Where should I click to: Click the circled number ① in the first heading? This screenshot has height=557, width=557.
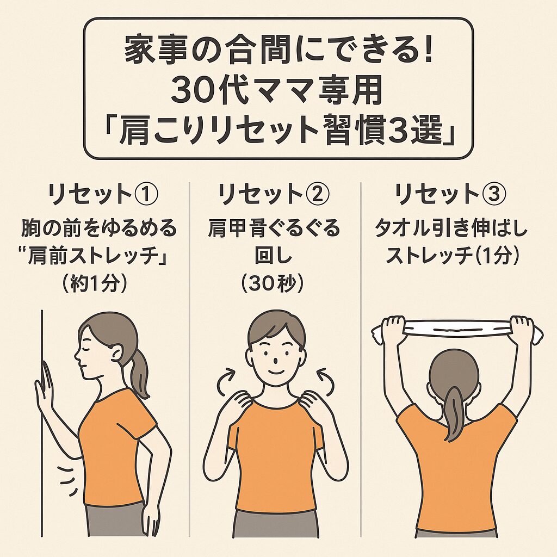[146, 194]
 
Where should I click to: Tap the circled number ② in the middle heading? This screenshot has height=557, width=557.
[317, 194]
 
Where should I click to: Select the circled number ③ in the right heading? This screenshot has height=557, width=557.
[494, 194]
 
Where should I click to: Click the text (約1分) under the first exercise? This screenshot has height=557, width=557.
[95, 284]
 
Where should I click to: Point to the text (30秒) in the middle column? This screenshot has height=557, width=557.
[273, 284]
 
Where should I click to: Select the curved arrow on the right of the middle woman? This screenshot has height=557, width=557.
[326, 382]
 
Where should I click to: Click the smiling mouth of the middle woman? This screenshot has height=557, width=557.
[276, 372]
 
